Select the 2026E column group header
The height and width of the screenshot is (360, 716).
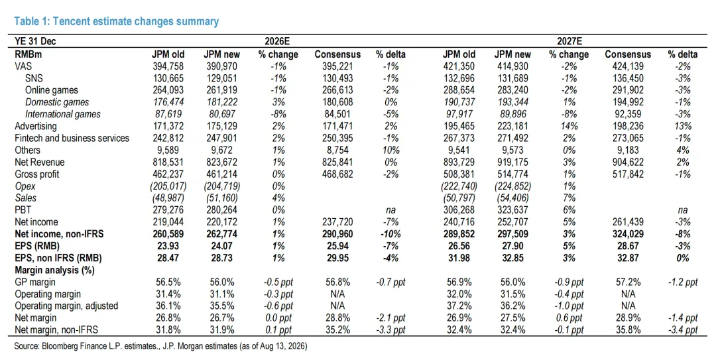(x=277, y=42)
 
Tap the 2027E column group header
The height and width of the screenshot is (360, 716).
(x=569, y=42)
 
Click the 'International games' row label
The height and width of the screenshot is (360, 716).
(x=63, y=114)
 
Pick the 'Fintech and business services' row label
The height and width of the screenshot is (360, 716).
(x=72, y=138)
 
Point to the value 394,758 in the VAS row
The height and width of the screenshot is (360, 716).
(x=168, y=66)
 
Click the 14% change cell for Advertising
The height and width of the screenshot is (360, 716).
(x=569, y=126)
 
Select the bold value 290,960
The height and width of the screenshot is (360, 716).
(x=337, y=234)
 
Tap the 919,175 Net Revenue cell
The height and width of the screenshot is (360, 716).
(x=512, y=162)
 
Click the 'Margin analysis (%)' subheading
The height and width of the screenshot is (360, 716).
(x=54, y=270)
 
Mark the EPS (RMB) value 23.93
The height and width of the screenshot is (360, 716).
(x=168, y=246)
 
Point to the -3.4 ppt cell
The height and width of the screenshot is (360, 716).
(x=683, y=330)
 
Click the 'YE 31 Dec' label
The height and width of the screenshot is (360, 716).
(x=35, y=42)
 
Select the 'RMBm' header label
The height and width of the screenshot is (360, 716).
(x=29, y=54)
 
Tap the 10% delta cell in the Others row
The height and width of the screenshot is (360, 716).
(x=391, y=150)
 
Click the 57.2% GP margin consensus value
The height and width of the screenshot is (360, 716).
(x=628, y=282)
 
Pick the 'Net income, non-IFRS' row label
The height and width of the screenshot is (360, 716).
(x=60, y=234)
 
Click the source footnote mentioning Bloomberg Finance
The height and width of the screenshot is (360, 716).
(x=160, y=346)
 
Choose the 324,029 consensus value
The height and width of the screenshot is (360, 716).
(x=628, y=234)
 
